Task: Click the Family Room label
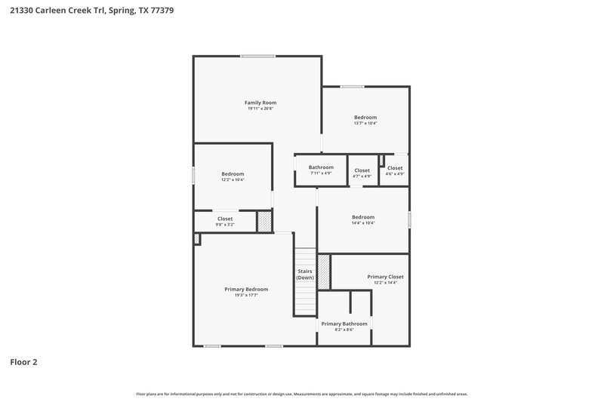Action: click(260, 102)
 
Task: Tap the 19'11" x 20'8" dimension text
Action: click(260, 109)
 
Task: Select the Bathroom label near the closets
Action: click(321, 167)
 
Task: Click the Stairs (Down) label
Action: click(305, 274)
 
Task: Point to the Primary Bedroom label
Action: click(246, 289)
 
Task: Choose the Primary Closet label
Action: click(385, 277)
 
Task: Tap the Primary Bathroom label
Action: click(344, 324)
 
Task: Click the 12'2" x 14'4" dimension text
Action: click(385, 283)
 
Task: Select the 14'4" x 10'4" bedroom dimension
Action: click(363, 223)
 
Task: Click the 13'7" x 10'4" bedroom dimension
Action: click(365, 124)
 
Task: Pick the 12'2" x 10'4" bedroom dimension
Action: click(233, 180)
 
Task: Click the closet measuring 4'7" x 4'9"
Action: click(362, 170)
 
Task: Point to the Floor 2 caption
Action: click(23, 362)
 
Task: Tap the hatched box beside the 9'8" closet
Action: click(264, 221)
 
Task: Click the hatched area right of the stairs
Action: click(324, 272)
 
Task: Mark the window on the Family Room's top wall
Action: click(258, 56)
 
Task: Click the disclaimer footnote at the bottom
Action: click(302, 394)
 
